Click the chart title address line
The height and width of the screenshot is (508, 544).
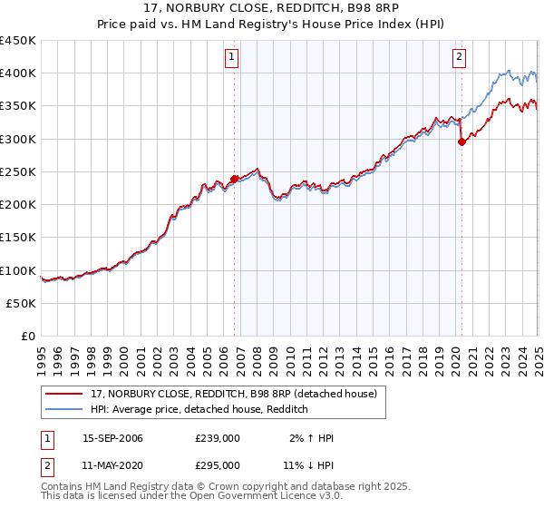[271, 8]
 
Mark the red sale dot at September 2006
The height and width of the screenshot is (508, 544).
[234, 179]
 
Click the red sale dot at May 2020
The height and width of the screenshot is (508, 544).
[461, 142]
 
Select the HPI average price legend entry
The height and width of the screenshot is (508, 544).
[199, 410]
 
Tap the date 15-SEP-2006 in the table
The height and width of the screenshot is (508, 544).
[112, 439]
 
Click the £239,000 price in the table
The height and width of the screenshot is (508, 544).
[218, 439]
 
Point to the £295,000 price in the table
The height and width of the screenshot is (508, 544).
[218, 465]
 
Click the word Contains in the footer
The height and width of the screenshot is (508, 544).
[63, 486]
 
